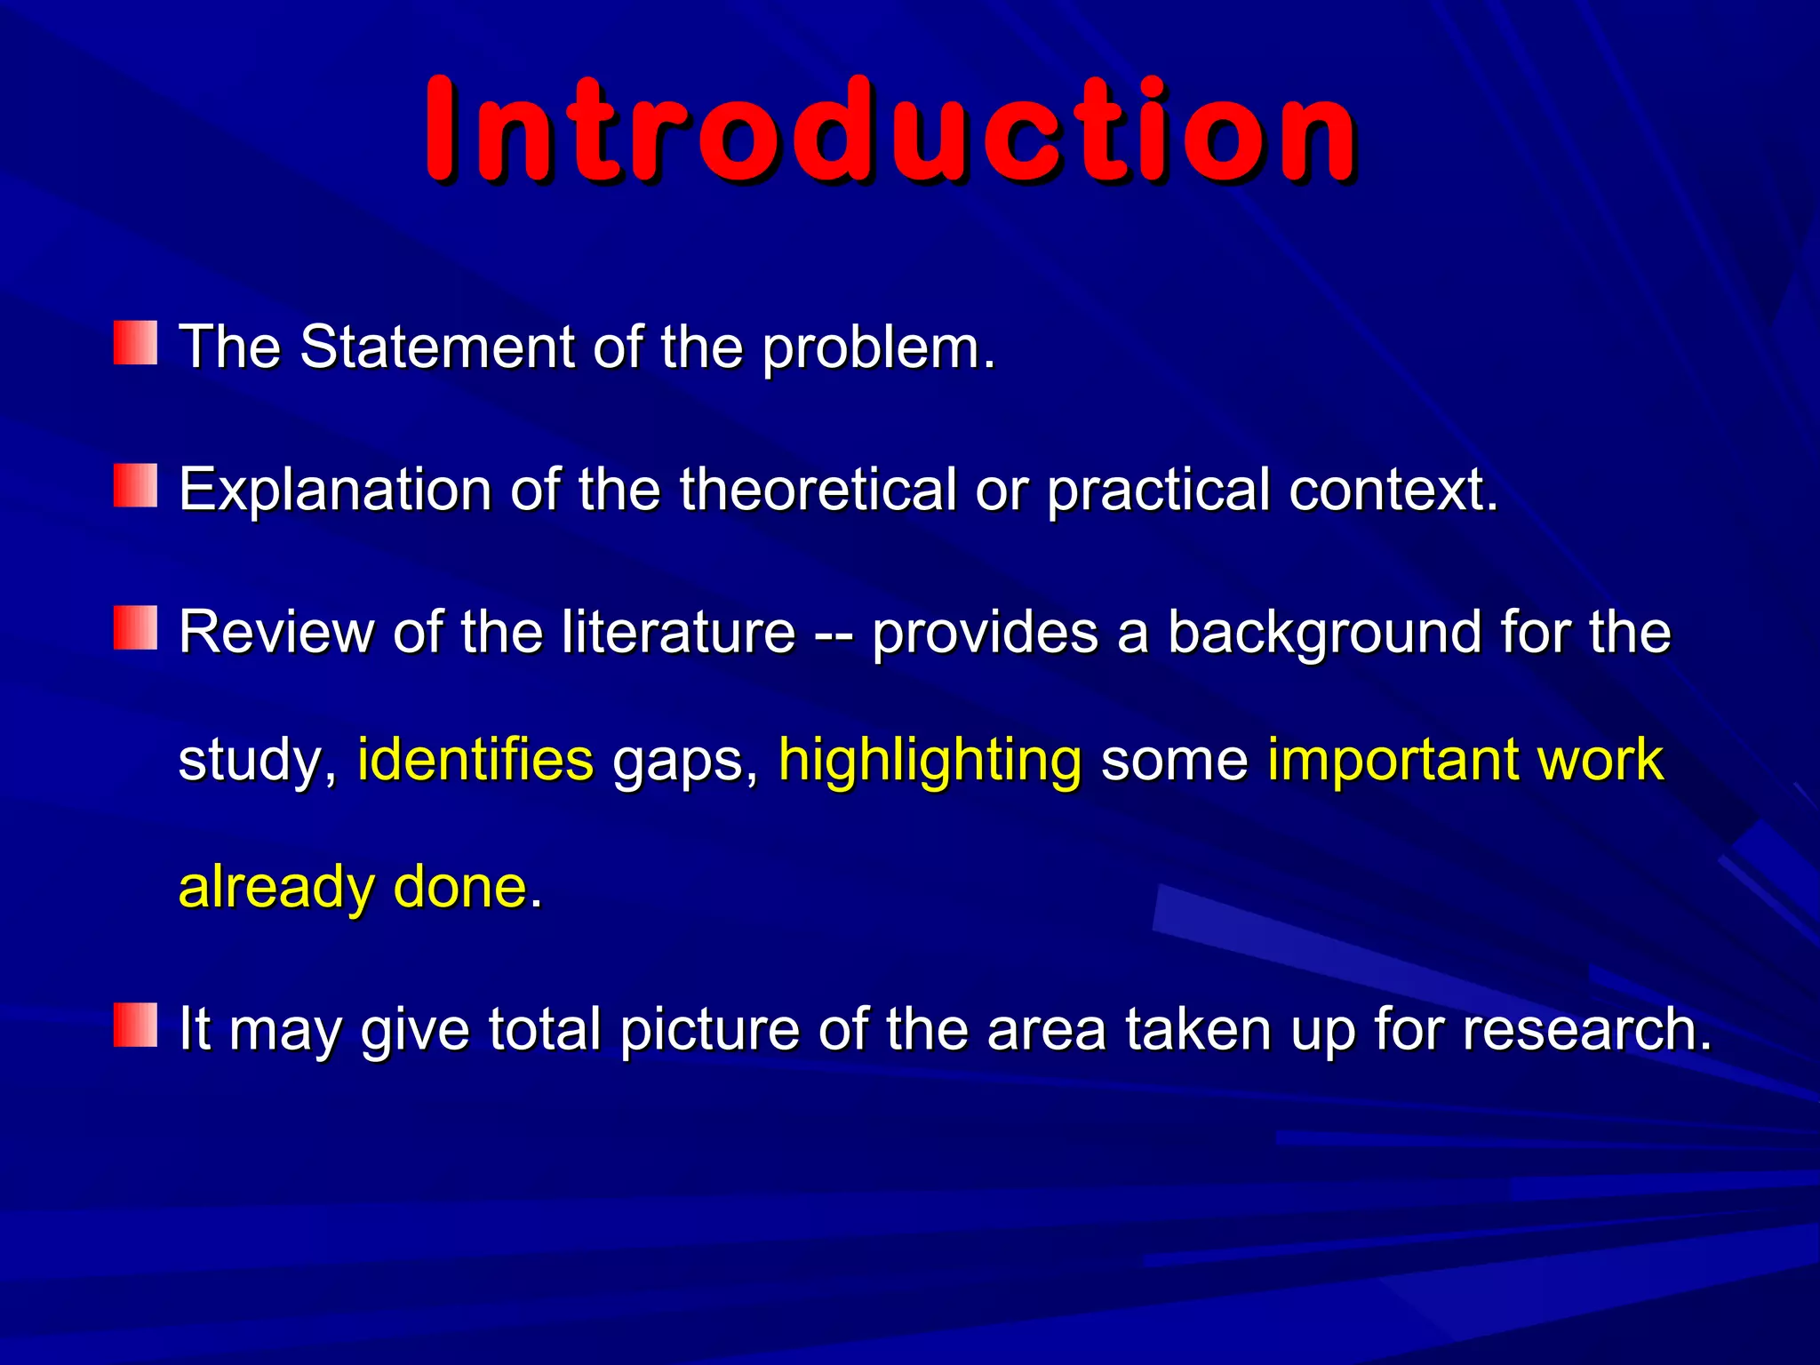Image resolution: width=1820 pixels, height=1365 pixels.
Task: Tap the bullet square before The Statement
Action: click(x=135, y=344)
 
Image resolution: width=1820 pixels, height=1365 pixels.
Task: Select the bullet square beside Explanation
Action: click(x=135, y=486)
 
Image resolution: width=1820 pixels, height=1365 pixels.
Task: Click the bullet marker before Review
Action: click(x=135, y=628)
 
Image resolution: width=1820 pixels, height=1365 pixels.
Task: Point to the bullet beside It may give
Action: click(x=135, y=1026)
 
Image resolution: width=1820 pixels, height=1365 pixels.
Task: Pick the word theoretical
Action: click(x=818, y=489)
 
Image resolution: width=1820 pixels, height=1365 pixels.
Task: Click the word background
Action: click(x=1323, y=634)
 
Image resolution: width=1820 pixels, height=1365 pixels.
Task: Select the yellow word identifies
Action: click(x=475, y=760)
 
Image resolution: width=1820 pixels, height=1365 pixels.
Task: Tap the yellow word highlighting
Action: click(x=930, y=762)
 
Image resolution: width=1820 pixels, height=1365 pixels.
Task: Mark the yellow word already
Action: click(x=276, y=888)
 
